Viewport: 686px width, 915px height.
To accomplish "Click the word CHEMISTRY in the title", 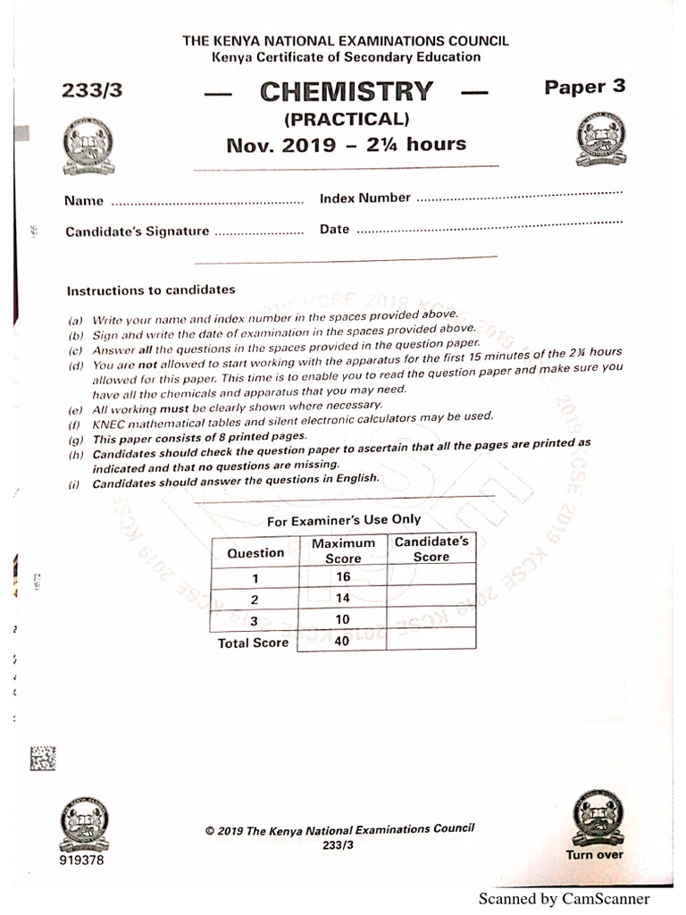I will (347, 92).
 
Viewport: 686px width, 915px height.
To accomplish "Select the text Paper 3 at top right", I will (585, 87).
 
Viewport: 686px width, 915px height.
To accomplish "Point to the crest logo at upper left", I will (88, 147).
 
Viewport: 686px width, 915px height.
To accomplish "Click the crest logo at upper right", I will (600, 140).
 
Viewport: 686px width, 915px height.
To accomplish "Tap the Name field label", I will (84, 202).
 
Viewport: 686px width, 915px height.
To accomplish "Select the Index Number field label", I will (365, 198).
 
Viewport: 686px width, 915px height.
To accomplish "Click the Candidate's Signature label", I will (137, 231).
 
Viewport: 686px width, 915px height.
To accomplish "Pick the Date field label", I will (334, 230).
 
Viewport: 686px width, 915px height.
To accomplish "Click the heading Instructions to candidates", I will (151, 290).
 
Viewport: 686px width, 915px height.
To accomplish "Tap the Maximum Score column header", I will (342, 550).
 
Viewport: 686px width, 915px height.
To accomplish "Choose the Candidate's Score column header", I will (431, 549).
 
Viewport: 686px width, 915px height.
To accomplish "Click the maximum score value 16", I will (343, 577).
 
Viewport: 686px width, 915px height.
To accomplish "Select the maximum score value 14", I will (343, 599).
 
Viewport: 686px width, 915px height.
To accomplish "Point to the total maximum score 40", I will (341, 641).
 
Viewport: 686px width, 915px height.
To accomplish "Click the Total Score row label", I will (253, 642).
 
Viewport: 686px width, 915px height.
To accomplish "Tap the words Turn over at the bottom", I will (594, 854).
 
